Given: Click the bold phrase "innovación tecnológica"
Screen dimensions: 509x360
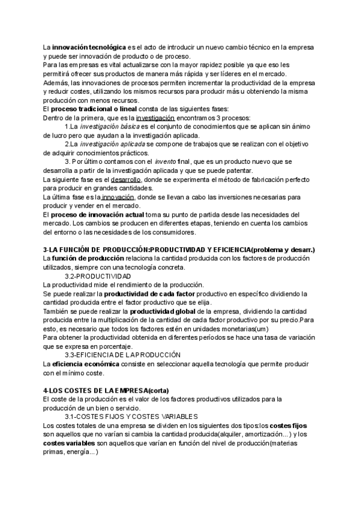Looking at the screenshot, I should click(89, 46).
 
